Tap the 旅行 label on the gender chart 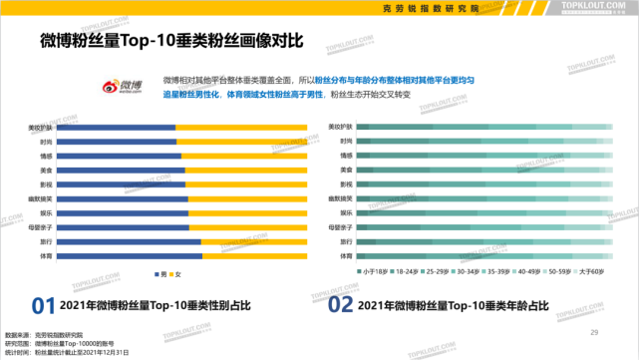pos(46,241)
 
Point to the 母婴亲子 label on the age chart pos(342,227)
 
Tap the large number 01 pos(42,304)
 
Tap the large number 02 pos(341,304)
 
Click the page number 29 pos(595,332)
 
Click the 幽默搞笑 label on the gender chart pos(41,198)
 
